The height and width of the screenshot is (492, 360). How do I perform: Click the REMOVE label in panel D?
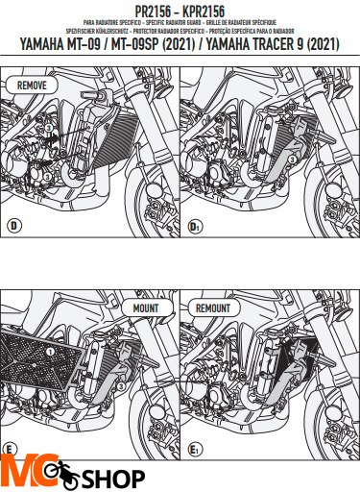(x=32, y=85)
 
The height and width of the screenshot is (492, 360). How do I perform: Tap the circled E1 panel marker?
(x=195, y=448)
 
